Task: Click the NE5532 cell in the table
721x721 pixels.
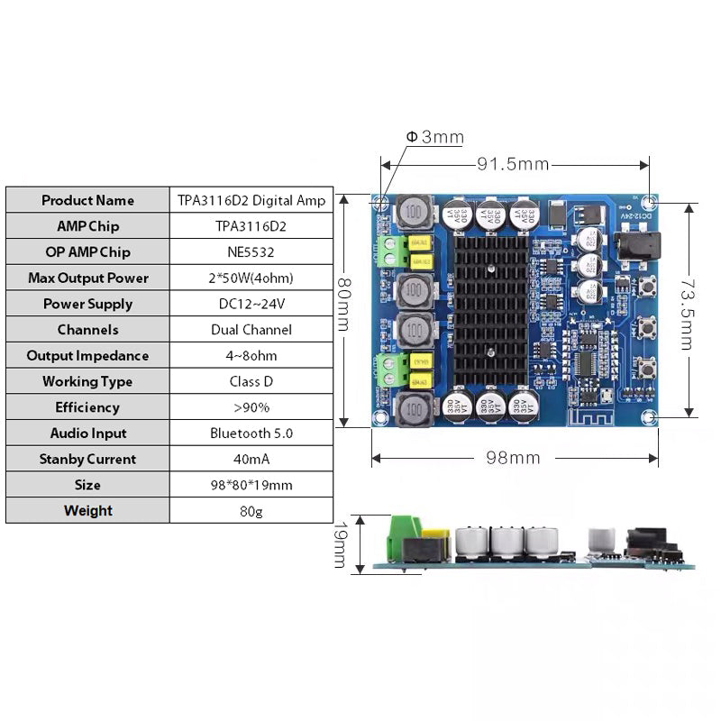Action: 251,251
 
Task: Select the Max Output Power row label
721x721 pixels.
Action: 87,278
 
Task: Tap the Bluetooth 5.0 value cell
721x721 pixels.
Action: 251,434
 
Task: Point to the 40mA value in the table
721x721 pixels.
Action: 251,460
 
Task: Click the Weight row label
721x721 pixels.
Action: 87,511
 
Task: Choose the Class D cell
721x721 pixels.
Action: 251,381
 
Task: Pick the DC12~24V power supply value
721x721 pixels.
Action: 251,304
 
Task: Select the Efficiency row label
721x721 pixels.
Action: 87,407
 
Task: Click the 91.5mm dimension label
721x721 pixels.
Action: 512,164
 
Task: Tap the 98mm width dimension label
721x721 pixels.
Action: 512,458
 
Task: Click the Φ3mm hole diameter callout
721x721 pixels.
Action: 434,137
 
